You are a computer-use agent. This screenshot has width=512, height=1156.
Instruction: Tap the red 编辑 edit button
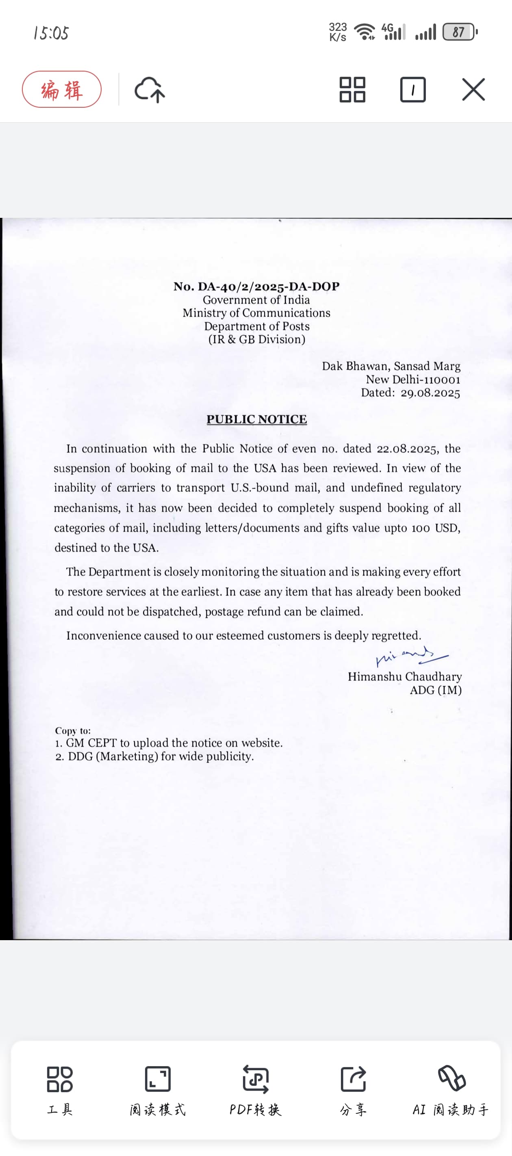pyautogui.click(x=61, y=89)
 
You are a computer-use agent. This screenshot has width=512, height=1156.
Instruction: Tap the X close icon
pyautogui.click(x=473, y=89)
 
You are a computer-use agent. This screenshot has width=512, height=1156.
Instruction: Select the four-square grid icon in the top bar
pyautogui.click(x=352, y=89)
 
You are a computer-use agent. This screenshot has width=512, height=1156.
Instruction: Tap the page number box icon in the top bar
pyautogui.click(x=412, y=89)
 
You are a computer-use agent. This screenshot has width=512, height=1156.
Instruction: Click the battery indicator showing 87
pyautogui.click(x=459, y=32)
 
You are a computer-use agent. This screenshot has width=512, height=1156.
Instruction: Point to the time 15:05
pyautogui.click(x=51, y=33)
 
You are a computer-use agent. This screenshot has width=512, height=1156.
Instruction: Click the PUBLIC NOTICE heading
pyautogui.click(x=257, y=419)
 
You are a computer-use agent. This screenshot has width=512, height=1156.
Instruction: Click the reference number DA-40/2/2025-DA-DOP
pyautogui.click(x=268, y=286)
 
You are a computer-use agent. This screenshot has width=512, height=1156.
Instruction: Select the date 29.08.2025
pyautogui.click(x=430, y=393)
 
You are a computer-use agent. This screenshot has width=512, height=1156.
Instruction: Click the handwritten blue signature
pyautogui.click(x=410, y=656)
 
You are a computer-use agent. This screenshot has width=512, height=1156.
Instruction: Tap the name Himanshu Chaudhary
pyautogui.click(x=404, y=676)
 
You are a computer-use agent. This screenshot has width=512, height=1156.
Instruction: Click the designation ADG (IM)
pyautogui.click(x=435, y=690)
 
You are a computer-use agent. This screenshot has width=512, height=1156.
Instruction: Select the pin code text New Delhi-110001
pyautogui.click(x=413, y=380)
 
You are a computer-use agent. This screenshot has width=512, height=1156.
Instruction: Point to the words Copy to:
pyautogui.click(x=73, y=730)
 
